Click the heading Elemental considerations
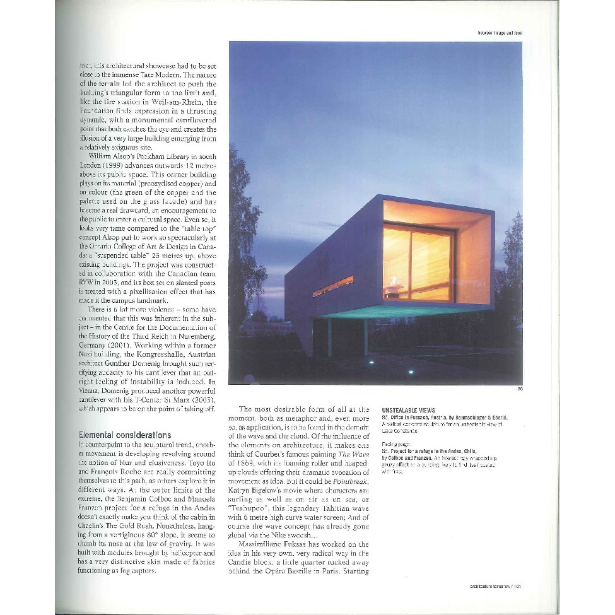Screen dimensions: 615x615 tap(124, 435)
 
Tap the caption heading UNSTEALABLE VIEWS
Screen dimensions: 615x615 tap(408, 410)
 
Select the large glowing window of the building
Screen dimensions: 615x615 tap(418, 262)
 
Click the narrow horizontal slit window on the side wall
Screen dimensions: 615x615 tap(333, 286)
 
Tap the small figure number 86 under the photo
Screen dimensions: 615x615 tap(520, 389)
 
